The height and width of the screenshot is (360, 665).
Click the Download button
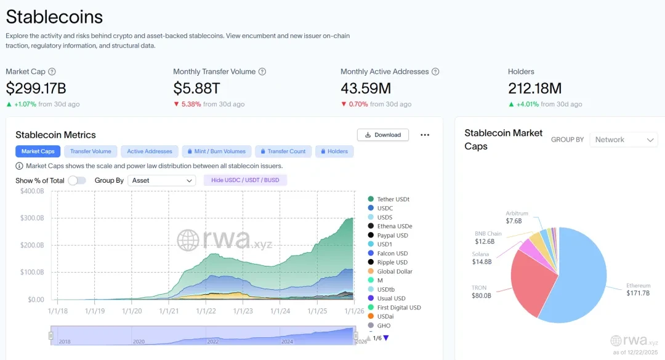click(x=382, y=135)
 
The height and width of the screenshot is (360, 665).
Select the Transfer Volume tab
click(x=91, y=151)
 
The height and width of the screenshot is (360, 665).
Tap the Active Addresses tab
click(x=150, y=151)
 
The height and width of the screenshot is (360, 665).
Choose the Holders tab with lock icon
click(x=334, y=151)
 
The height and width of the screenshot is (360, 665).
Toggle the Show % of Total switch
click(x=76, y=180)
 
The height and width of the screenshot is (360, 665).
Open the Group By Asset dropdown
click(x=163, y=180)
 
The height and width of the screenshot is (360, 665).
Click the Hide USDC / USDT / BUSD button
click(x=245, y=180)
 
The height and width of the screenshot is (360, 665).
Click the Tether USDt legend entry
click(x=393, y=199)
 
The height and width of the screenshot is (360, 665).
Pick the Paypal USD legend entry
click(x=392, y=235)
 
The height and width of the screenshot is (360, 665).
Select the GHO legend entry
click(x=383, y=326)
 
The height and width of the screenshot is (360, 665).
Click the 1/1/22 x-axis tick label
click(x=206, y=312)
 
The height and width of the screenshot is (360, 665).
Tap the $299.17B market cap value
click(x=36, y=89)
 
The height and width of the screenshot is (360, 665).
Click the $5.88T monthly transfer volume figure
click(x=197, y=89)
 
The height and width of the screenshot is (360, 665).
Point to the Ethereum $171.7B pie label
click(x=639, y=289)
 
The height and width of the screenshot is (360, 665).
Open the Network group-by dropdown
click(x=623, y=140)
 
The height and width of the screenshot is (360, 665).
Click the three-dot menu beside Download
click(x=424, y=135)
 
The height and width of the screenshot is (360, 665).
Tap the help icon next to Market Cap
click(x=52, y=71)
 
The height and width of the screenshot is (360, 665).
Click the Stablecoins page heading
click(x=55, y=17)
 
